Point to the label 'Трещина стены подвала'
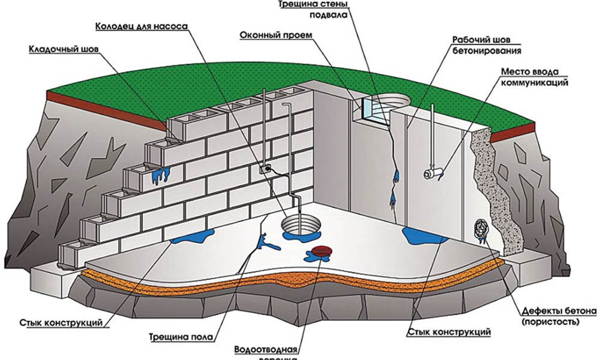coord(313,10)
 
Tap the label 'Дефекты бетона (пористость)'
coord(557,316)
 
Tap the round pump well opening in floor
coord(299,226)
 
